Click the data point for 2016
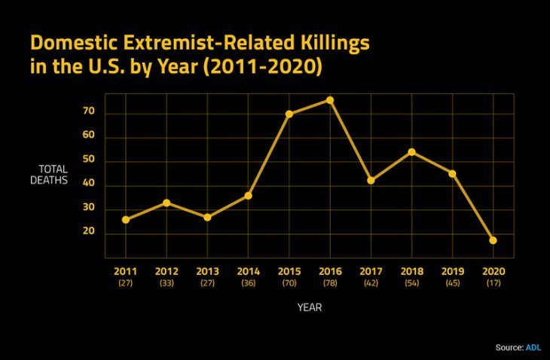330,100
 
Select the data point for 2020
493,240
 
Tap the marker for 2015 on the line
289,114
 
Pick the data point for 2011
125,219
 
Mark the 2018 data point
411,152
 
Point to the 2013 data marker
207,217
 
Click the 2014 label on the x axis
248,270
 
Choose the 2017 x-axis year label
371,270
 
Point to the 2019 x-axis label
453,270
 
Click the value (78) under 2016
330,282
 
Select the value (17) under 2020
493,282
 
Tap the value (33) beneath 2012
166,282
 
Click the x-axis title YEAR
310,307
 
